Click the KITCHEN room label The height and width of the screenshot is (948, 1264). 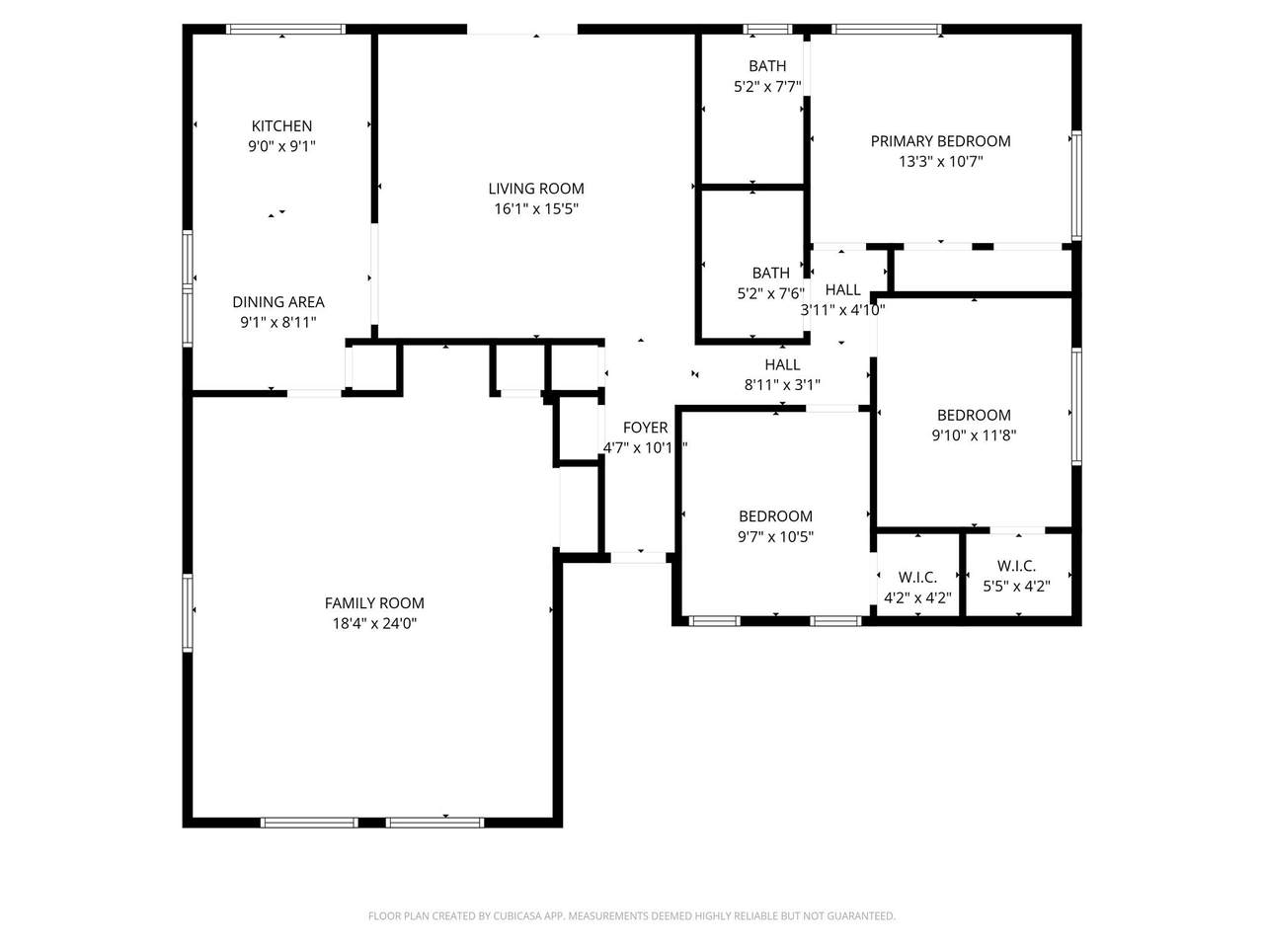pyautogui.click(x=281, y=126)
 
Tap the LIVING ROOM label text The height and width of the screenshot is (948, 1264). pyautogui.click(x=536, y=189)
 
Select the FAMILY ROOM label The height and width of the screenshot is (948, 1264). pyautogui.click(x=374, y=603)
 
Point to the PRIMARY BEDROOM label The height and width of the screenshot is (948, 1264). pyautogui.click(x=940, y=141)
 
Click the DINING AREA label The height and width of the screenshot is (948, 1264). pyautogui.click(x=278, y=302)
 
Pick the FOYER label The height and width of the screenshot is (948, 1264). pyautogui.click(x=645, y=428)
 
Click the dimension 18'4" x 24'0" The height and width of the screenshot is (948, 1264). pyautogui.click(x=374, y=623)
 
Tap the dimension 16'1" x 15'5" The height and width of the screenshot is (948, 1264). pyautogui.click(x=536, y=209)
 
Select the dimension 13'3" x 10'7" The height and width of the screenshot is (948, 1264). pyautogui.click(x=940, y=162)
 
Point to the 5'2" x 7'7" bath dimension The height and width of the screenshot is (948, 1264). pyautogui.click(x=767, y=87)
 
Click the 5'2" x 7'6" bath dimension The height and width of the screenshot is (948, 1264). pyautogui.click(x=771, y=293)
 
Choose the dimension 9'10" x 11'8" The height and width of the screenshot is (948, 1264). pyautogui.click(x=974, y=435)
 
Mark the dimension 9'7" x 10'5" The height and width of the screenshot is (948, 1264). pyautogui.click(x=775, y=537)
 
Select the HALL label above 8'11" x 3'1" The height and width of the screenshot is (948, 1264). pyautogui.click(x=782, y=365)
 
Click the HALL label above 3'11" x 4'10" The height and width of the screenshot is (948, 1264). pyautogui.click(x=842, y=290)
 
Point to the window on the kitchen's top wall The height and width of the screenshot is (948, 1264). pyautogui.click(x=285, y=30)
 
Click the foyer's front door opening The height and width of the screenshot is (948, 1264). pyautogui.click(x=638, y=558)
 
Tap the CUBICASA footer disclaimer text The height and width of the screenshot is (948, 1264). pyautogui.click(x=632, y=915)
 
